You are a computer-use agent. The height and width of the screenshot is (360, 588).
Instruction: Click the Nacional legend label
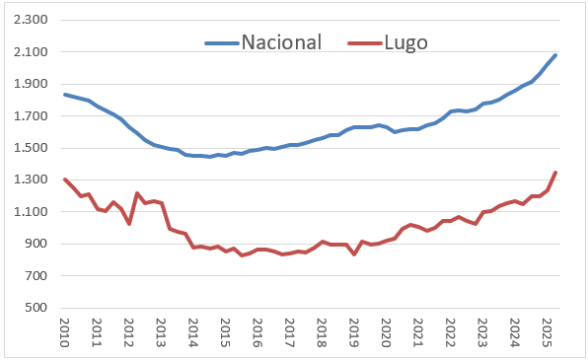pos(282,42)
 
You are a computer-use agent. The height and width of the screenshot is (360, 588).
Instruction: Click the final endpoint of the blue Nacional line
pos(555,55)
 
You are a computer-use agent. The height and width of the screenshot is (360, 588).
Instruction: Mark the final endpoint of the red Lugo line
pos(555,173)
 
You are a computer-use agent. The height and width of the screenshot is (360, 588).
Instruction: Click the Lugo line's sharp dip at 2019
pos(354,254)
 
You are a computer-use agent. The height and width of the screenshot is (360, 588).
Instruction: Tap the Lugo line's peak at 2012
pos(137,193)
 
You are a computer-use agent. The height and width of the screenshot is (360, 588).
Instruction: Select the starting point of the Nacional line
pos(65,95)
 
